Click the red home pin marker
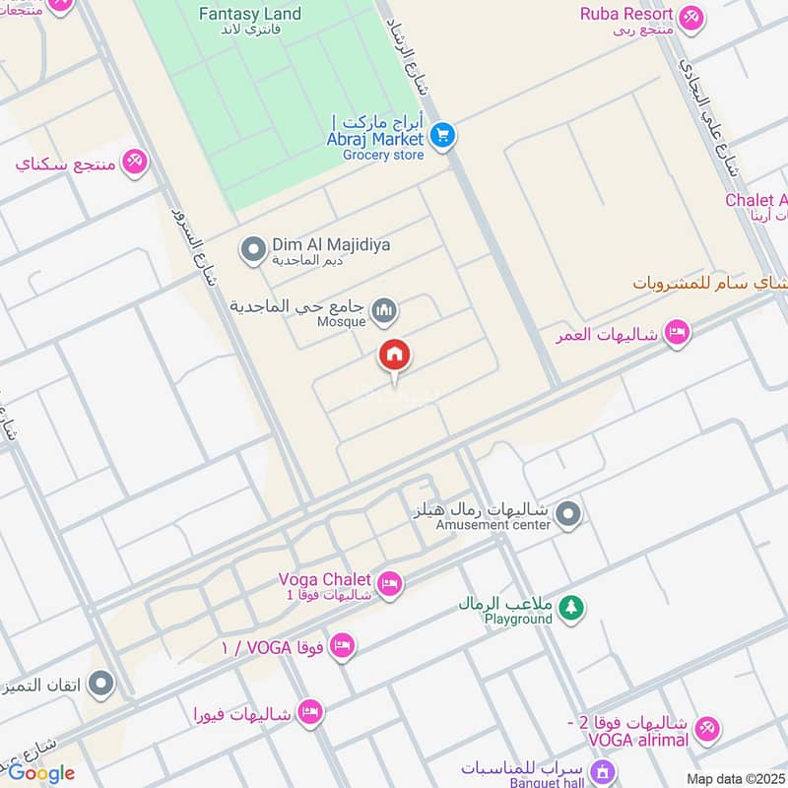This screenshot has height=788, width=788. (x=395, y=356)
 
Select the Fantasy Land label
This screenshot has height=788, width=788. (x=250, y=14)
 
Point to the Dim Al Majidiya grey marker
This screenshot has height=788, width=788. (x=254, y=247)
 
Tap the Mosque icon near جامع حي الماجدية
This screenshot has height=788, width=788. (x=384, y=312)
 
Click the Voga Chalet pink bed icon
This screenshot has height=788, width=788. (x=391, y=585)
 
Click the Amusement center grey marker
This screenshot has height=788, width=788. (x=567, y=514)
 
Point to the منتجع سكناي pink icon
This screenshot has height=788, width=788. (x=135, y=161)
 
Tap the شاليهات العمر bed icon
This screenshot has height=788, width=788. (x=676, y=332)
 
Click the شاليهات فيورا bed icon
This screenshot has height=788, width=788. (x=310, y=711)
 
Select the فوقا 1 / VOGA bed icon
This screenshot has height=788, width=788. (x=342, y=646)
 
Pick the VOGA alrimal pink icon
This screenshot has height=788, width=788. (x=705, y=730)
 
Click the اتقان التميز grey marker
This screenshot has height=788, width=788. (x=100, y=683)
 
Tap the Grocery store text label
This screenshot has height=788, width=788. (x=383, y=155)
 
